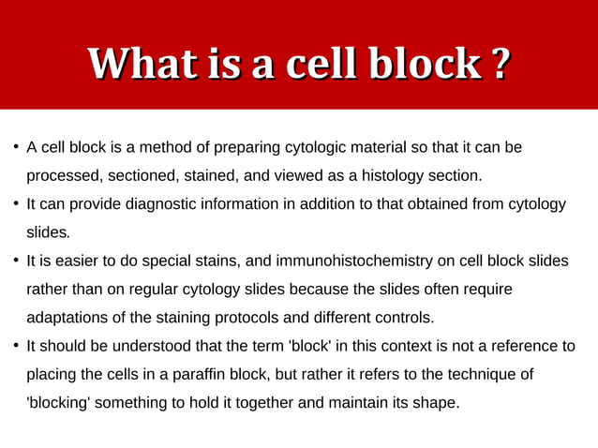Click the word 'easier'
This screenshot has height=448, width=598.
click(75, 261)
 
